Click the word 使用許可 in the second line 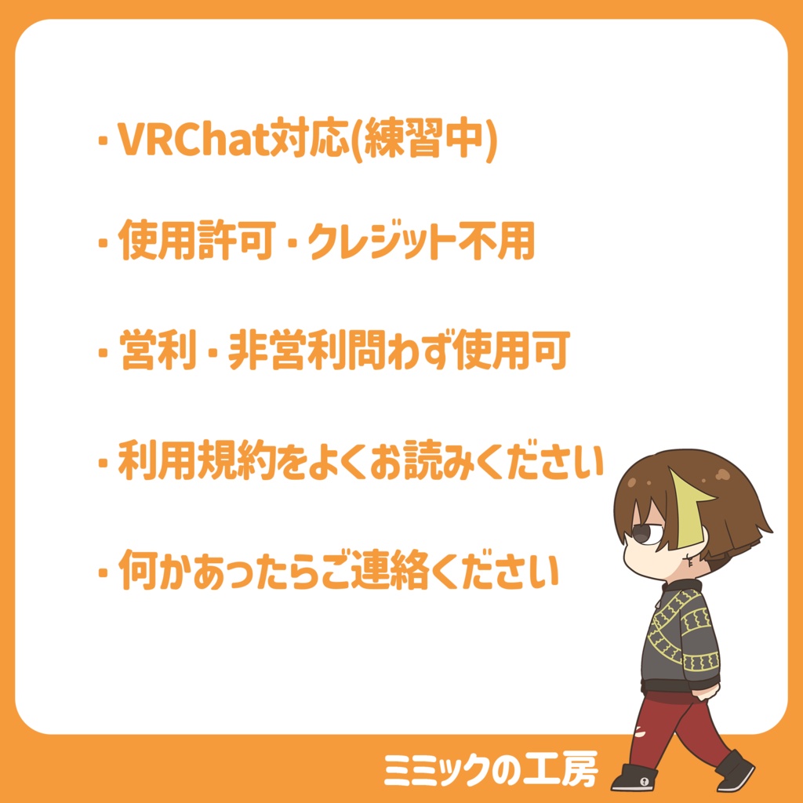click(x=195, y=242)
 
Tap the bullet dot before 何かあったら click(x=102, y=573)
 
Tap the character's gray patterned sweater click(x=678, y=635)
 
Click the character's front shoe click(x=634, y=777)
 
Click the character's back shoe click(x=736, y=768)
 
